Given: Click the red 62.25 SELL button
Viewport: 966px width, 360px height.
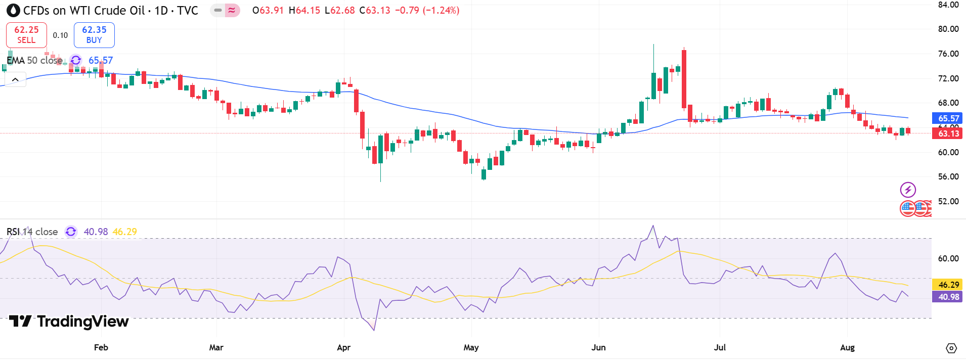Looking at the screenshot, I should (x=26, y=35).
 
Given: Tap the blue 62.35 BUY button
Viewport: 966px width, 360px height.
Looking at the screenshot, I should (x=94, y=35).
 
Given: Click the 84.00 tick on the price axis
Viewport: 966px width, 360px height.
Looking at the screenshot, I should (x=948, y=5).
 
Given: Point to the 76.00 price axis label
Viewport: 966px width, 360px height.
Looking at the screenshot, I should (x=948, y=54).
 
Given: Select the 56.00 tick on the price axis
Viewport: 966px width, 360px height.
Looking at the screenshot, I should (x=948, y=176).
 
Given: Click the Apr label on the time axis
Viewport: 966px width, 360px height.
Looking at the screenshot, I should (x=343, y=347).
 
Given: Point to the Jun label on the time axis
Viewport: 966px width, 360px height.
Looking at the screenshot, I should (x=598, y=347).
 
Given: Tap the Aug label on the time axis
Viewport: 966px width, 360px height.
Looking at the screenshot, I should (x=847, y=347).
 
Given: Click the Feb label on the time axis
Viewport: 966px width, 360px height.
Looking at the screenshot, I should (x=101, y=347).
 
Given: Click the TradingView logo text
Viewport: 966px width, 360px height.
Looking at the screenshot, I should (x=69, y=321).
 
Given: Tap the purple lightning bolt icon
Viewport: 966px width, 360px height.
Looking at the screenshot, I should (x=908, y=190).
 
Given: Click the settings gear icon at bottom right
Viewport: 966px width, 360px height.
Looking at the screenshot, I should (x=951, y=348).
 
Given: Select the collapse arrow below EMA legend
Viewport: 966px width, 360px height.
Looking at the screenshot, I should (x=15, y=79).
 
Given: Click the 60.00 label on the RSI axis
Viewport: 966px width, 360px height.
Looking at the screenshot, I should (x=948, y=258).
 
